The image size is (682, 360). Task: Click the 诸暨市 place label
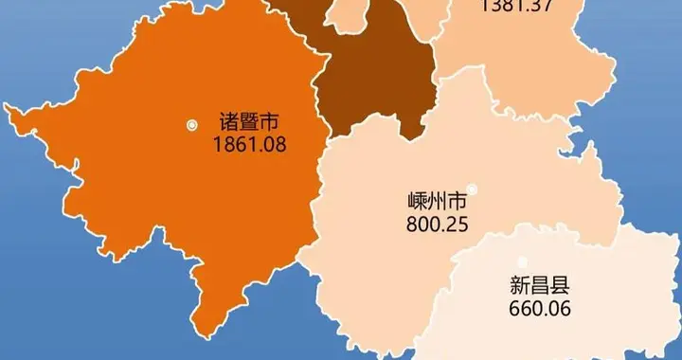[x=250, y=123]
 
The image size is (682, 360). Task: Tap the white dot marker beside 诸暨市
[x=192, y=124]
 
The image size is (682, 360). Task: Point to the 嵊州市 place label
[x=436, y=203]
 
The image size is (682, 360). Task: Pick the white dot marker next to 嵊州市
[x=472, y=189]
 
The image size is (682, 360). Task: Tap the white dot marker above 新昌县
[x=522, y=261]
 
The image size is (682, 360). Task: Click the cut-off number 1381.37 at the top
[x=517, y=6]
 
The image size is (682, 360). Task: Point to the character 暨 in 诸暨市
[x=250, y=123]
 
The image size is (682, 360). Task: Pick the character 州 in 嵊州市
[x=436, y=203]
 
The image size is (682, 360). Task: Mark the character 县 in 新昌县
[x=559, y=284]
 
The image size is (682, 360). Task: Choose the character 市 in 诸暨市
[x=271, y=123]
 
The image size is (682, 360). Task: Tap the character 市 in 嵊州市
[x=457, y=203]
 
